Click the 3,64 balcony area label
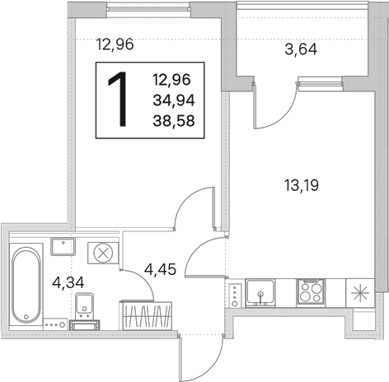click(301, 49)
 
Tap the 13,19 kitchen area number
click(302, 185)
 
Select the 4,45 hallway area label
click(160, 269)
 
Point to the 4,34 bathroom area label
click(68, 282)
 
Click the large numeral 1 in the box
click(118, 100)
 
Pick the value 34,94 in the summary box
click(174, 100)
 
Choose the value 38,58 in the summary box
click(174, 121)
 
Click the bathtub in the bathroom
click(26, 285)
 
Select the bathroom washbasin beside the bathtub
click(63, 247)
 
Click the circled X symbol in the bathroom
click(103, 253)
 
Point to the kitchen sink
click(260, 292)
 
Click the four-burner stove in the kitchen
click(311, 292)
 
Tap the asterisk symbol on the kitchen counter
click(360, 293)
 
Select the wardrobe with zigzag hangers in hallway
click(146, 315)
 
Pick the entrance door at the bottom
click(200, 357)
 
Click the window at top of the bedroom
click(148, 9)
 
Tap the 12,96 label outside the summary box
click(115, 44)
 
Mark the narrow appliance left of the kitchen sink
click(235, 295)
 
